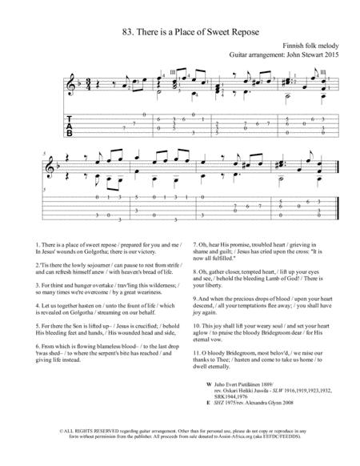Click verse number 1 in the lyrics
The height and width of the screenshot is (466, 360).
click(x=38, y=242)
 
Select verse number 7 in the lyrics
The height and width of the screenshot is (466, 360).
click(x=195, y=242)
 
